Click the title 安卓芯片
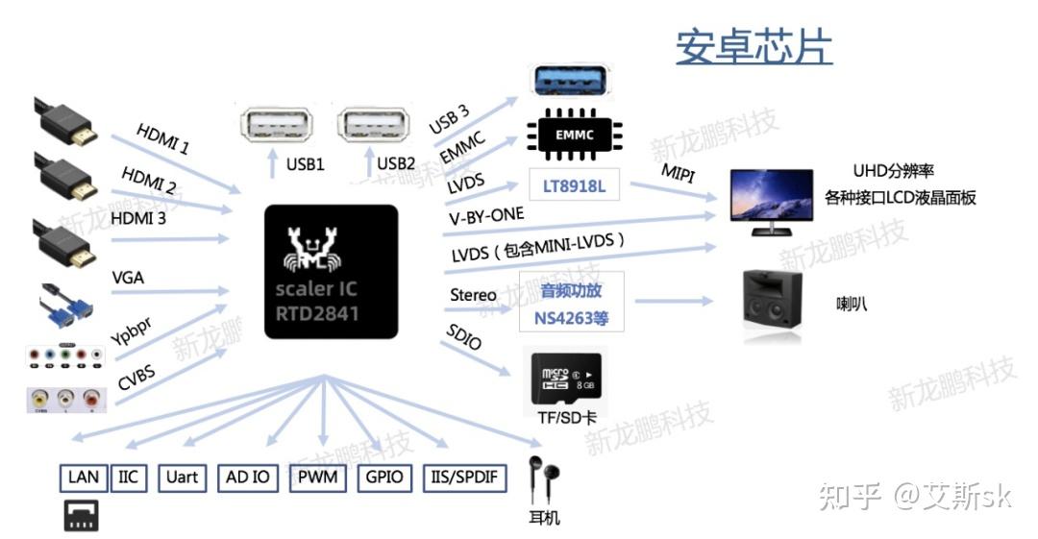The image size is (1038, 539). click(754, 46)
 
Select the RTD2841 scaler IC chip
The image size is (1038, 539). click(331, 271)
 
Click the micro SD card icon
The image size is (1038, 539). click(566, 378)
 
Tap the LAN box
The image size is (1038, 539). click(85, 477)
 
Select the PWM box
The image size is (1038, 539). click(317, 477)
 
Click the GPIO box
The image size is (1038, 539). click(384, 477)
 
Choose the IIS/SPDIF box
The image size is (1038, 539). click(464, 477)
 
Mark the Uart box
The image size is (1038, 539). click(182, 477)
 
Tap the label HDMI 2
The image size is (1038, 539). click(148, 179)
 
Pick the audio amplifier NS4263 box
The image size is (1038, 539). click(573, 303)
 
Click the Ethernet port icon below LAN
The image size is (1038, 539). click(82, 516)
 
